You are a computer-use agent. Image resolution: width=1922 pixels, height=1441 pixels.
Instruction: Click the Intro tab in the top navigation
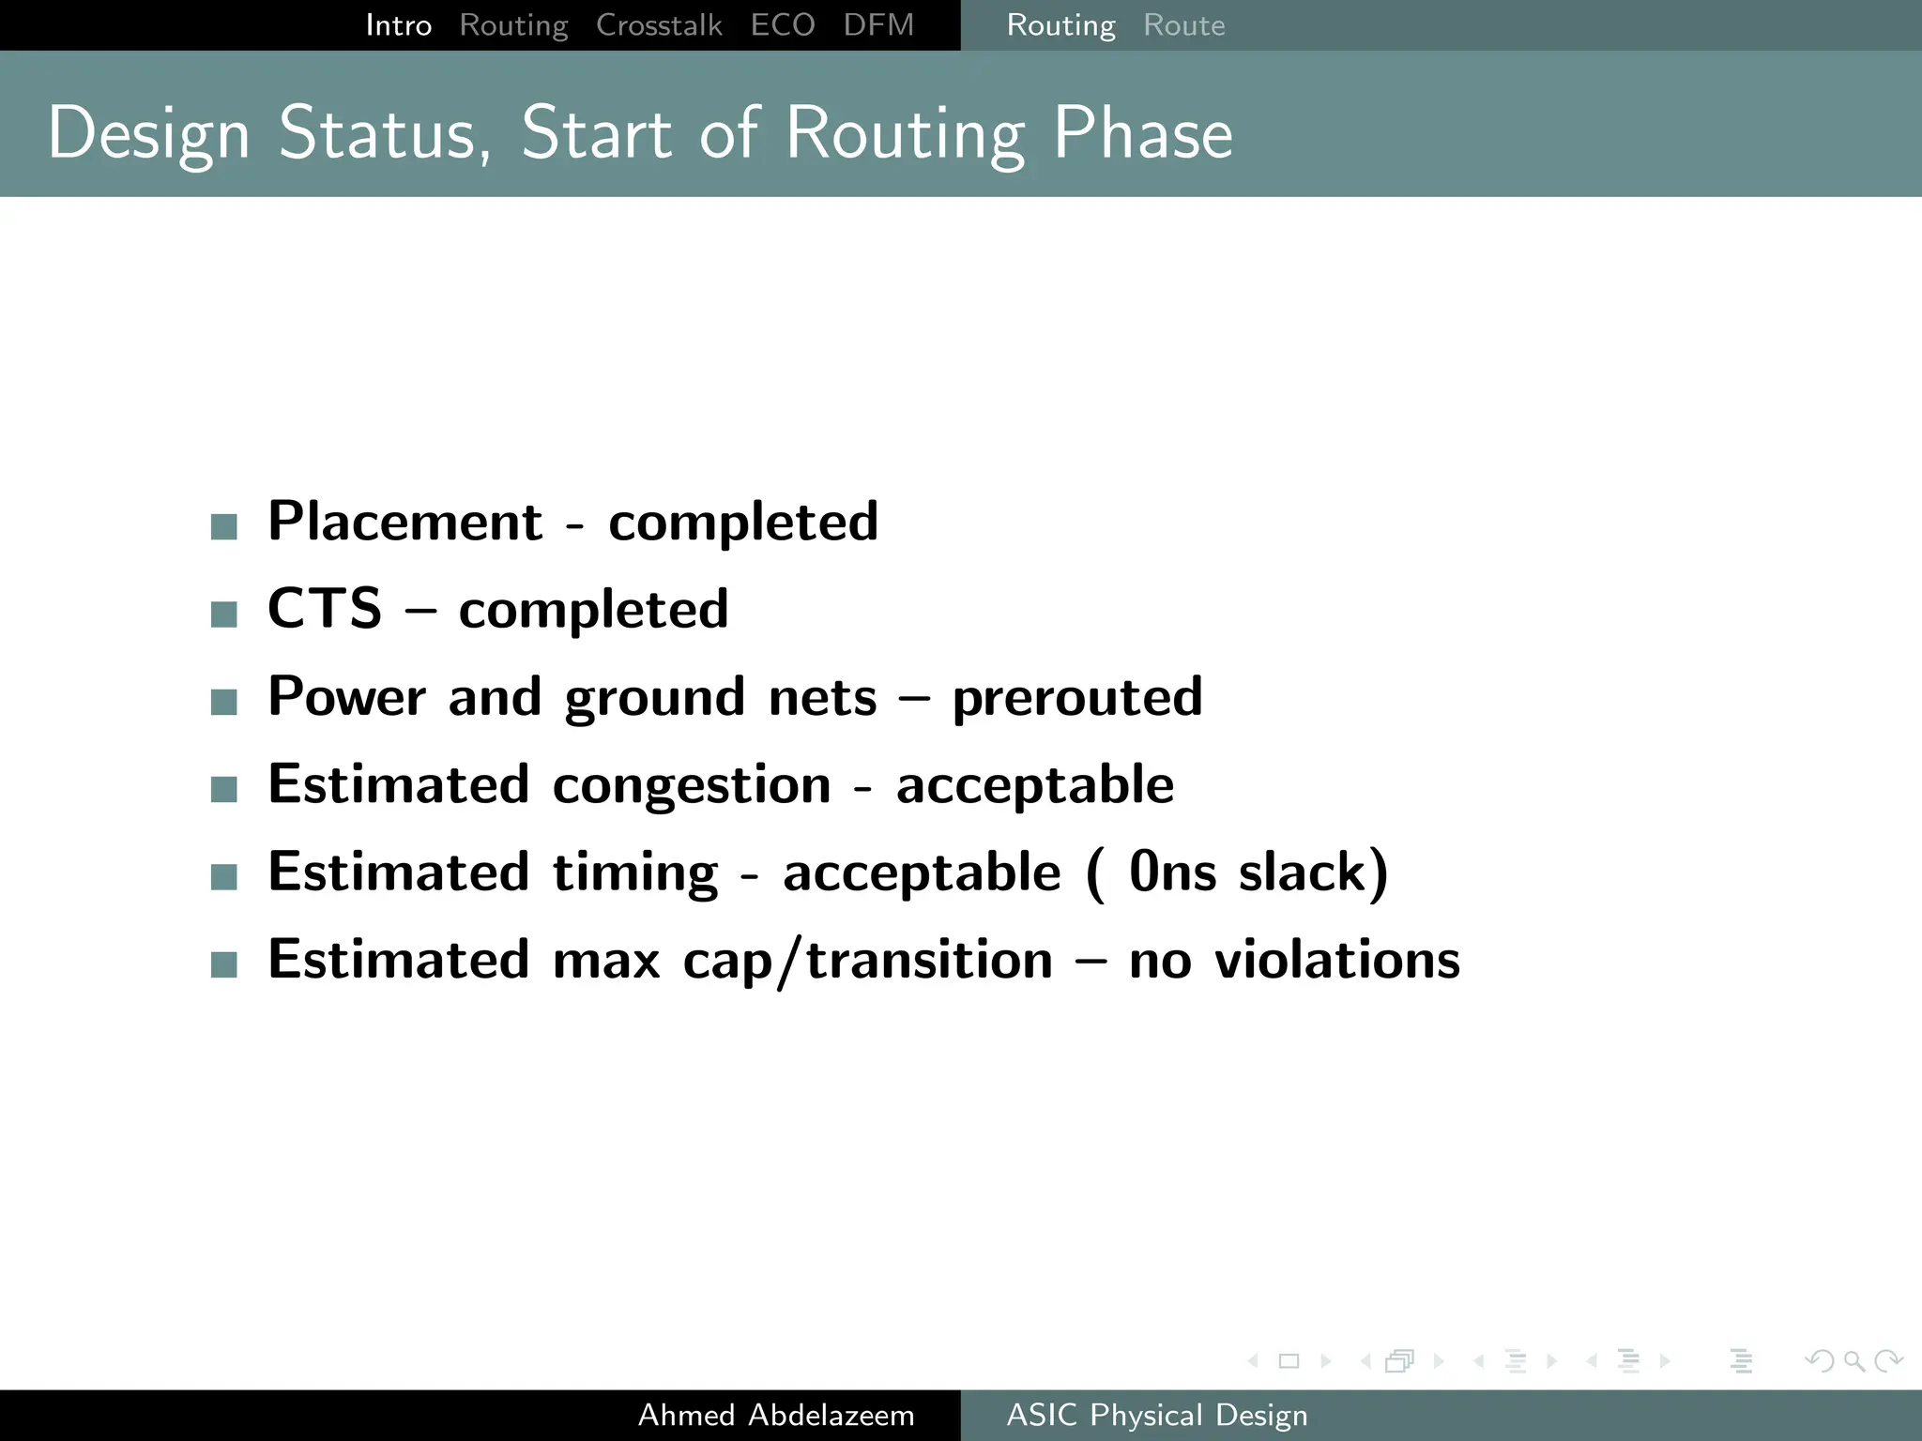[398, 25]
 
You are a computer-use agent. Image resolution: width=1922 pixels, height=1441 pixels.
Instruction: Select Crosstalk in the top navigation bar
[659, 25]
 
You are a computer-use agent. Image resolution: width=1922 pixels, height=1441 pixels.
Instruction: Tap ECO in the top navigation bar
[782, 25]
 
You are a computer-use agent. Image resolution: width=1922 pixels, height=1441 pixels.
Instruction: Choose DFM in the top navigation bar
[877, 25]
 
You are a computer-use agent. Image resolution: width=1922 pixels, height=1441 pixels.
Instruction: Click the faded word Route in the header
[1183, 25]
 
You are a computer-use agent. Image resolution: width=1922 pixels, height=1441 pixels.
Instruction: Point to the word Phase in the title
[1142, 133]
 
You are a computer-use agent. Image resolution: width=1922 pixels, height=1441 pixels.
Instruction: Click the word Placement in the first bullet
[404, 522]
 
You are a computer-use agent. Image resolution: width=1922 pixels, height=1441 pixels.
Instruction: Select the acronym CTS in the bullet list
[324, 609]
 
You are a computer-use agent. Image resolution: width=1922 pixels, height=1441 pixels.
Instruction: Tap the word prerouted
[1076, 697]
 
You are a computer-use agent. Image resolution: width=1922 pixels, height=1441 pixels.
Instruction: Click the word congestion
[692, 785]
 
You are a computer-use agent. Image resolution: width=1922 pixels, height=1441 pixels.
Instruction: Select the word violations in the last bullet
[1336, 960]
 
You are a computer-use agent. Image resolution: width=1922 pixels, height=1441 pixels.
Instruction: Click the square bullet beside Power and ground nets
[224, 702]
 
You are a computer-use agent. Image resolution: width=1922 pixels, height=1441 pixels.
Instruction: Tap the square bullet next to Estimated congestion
[224, 789]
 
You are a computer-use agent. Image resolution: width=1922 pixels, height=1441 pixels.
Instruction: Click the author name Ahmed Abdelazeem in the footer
[775, 1415]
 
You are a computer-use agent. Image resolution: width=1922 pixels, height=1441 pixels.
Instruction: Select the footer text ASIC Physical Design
[1156, 1415]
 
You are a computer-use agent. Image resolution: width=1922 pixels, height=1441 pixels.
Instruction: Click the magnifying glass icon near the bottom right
[1853, 1360]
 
